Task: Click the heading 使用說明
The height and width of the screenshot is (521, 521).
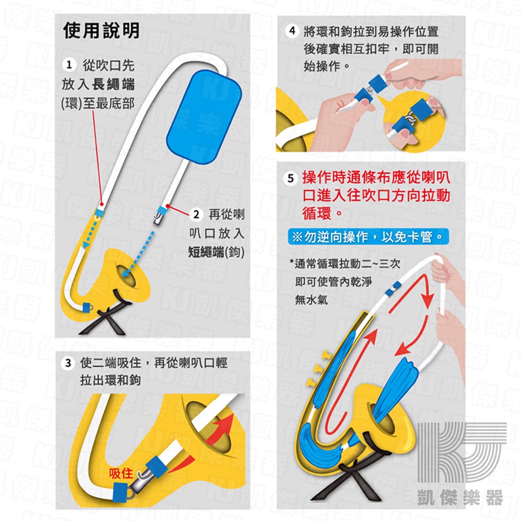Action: [x=102, y=31]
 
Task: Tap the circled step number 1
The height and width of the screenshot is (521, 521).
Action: [x=69, y=65]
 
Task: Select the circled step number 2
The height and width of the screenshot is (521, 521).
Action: [x=196, y=214]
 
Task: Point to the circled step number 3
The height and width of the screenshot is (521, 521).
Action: [x=68, y=363]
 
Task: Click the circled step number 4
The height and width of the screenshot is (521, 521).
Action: [x=292, y=31]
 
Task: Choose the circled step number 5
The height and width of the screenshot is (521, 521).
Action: [x=291, y=178]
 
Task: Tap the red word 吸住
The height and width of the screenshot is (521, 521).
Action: [x=121, y=474]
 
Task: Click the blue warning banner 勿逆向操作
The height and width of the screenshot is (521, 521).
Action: [x=368, y=237]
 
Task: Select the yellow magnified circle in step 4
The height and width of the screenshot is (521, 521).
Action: [x=414, y=121]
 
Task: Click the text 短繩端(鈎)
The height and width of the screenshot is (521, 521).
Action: [x=216, y=252]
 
